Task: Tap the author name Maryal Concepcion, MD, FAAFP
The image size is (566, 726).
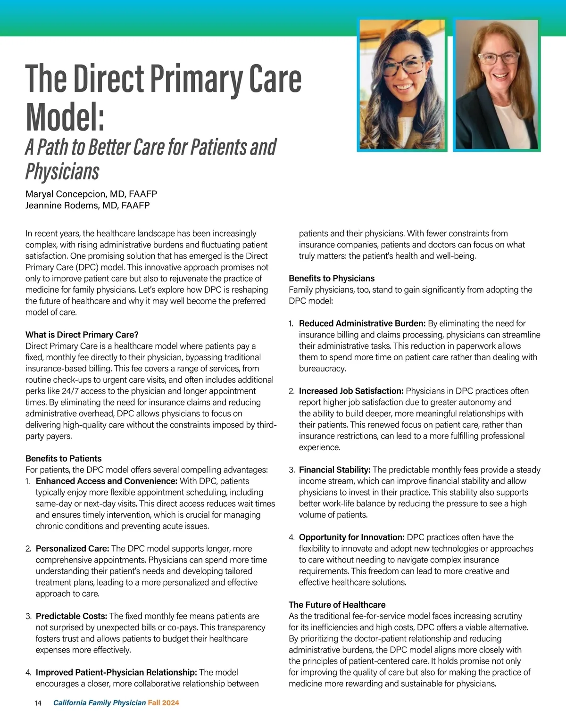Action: point(91,194)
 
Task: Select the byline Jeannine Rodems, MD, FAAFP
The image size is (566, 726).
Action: point(87,205)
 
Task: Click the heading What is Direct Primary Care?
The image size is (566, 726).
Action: point(82,335)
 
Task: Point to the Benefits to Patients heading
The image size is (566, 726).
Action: point(63,458)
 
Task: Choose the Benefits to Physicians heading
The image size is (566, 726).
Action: point(332,278)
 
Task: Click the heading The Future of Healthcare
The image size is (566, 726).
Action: point(337,604)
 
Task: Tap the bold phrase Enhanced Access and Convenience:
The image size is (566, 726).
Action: point(106,481)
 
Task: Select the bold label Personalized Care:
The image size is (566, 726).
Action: point(72,548)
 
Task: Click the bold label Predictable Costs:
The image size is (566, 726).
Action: point(71,616)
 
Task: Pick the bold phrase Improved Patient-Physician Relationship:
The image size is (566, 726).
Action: point(116,672)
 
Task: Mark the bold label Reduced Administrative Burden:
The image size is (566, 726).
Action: point(362,323)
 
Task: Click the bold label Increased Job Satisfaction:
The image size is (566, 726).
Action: point(351,391)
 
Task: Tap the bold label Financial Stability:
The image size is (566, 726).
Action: point(334,470)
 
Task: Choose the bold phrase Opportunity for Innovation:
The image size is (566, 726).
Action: point(351,537)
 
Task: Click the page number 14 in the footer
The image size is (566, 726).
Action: point(38,703)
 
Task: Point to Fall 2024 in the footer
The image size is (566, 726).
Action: point(163,703)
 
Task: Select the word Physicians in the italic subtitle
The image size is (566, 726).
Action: point(62,172)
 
